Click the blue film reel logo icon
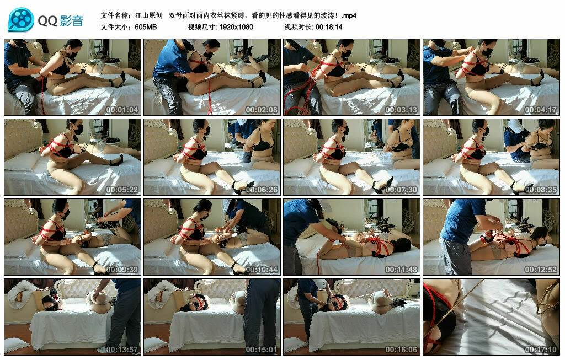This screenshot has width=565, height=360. click(21, 19)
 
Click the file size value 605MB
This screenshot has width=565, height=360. click(146, 27)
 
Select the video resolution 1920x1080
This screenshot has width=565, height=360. click(236, 27)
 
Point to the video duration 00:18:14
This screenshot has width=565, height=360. click(329, 27)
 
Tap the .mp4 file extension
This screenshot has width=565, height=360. click(349, 15)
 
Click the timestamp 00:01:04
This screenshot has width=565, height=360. click(122, 110)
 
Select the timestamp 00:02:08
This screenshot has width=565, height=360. click(262, 110)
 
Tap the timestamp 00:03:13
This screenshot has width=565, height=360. click(401, 110)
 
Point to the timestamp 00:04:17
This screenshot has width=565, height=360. click(541, 110)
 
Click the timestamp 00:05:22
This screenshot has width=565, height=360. click(122, 190)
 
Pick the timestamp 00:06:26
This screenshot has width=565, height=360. click(262, 190)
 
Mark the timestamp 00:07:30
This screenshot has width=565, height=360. click(401, 190)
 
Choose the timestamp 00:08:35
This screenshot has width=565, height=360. click(541, 190)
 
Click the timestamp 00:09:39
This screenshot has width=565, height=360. click(122, 270)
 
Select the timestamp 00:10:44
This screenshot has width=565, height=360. click(262, 270)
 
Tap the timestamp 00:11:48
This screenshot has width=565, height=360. click(401, 270)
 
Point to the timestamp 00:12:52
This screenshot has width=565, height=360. click(541, 270)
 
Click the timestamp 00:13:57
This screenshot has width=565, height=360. click(122, 350)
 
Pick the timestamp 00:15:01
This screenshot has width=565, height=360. click(262, 350)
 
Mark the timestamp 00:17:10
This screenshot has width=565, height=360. click(541, 350)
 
